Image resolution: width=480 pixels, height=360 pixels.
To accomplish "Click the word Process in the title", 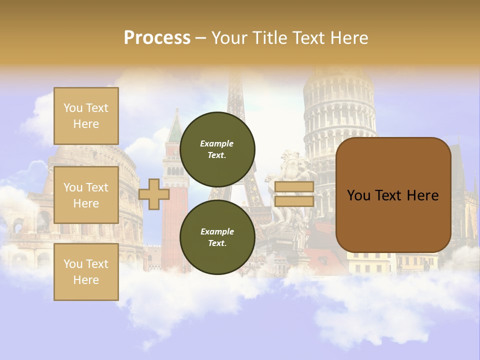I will tap(157, 38).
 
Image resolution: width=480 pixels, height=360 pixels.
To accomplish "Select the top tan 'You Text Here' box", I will tap(86, 116).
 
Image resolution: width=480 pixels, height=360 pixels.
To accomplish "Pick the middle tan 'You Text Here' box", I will tap(86, 195).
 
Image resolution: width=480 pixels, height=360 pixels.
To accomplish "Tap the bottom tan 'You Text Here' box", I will tap(86, 272).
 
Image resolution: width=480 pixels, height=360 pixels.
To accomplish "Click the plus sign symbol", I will tap(154, 194).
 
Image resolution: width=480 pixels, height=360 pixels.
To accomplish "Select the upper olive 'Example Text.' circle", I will tap(217, 149).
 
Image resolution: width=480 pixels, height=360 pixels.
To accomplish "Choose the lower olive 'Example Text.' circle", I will tap(217, 237).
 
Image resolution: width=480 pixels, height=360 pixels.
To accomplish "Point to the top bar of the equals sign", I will tap(294, 187).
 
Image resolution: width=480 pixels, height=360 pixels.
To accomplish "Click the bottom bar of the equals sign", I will tap(294, 201).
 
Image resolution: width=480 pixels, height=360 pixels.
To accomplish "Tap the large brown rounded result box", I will tap(393, 195).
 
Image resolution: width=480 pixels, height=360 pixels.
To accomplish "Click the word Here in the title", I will tap(348, 38).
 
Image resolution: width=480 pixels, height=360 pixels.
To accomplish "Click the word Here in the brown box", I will tap(422, 195).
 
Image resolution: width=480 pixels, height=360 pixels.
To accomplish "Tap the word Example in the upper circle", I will tap(216, 143).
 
